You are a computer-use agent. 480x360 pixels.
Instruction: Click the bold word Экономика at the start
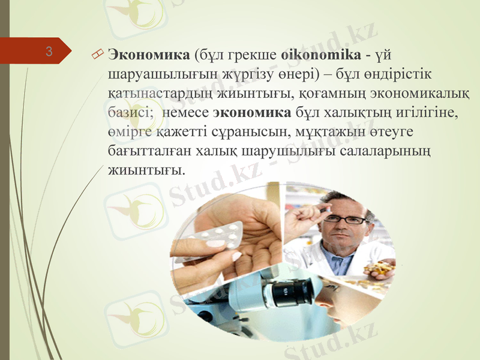[x=148, y=55]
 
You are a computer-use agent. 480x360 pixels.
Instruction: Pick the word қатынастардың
[x=152, y=93]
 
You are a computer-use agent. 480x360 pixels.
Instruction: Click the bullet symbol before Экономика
[x=98, y=56]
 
